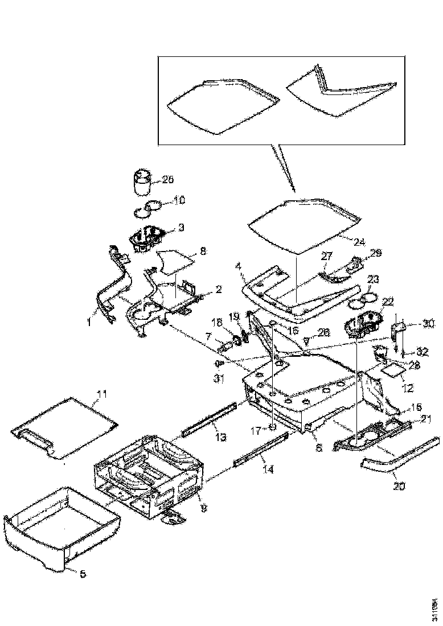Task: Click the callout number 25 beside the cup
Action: click(x=167, y=180)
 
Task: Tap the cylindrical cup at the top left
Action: click(x=141, y=182)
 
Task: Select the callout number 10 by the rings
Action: click(x=179, y=200)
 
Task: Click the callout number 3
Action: click(x=181, y=228)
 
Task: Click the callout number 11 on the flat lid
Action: click(x=101, y=394)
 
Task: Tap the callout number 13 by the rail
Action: click(x=220, y=437)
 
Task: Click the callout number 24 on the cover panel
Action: click(x=359, y=241)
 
